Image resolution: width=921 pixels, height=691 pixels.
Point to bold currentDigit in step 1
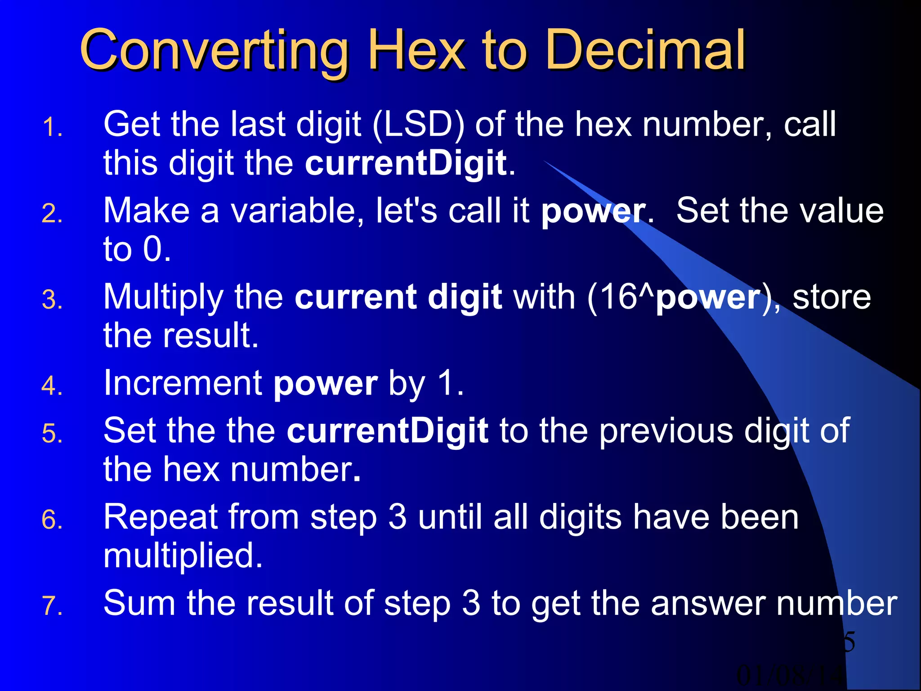tap(406, 163)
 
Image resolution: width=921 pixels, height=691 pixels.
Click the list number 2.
tap(52, 213)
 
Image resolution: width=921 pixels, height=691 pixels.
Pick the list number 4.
tap(52, 386)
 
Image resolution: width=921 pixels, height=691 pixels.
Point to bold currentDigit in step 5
tap(388, 431)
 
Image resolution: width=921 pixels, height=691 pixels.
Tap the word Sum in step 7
tap(139, 603)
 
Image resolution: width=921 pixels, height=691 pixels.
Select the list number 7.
tap(52, 606)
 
